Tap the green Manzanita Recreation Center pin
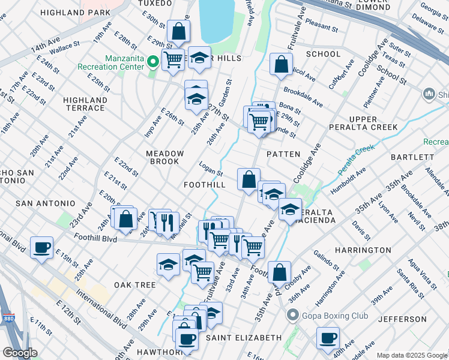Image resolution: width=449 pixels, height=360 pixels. [153, 61]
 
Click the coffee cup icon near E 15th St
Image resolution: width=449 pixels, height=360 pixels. [41, 247]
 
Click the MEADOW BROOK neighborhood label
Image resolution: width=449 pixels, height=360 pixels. [163, 157]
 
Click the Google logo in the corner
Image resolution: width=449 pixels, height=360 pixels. [20, 353]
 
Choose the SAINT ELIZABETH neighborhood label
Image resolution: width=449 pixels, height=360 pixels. [243, 338]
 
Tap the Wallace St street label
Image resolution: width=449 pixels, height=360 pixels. [64, 46]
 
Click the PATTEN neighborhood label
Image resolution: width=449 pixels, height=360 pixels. [283, 154]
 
